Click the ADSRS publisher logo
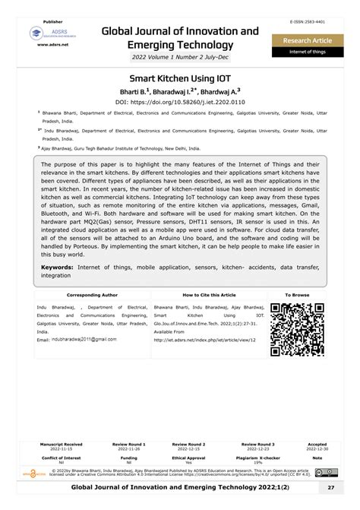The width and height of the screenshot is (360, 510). tap(47, 33)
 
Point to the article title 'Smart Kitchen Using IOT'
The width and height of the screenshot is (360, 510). tap(180, 78)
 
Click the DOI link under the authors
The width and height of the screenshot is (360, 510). tap(180, 100)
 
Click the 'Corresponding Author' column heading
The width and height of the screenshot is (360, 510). tap(93, 294)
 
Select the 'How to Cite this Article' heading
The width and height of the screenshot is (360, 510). tap(209, 294)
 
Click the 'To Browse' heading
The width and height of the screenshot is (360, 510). tap(297, 294)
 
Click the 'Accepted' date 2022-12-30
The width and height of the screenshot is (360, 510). tap(317, 449)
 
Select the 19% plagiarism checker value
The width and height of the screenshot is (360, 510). tap(258, 462)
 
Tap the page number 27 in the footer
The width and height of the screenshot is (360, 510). tap(331, 487)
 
